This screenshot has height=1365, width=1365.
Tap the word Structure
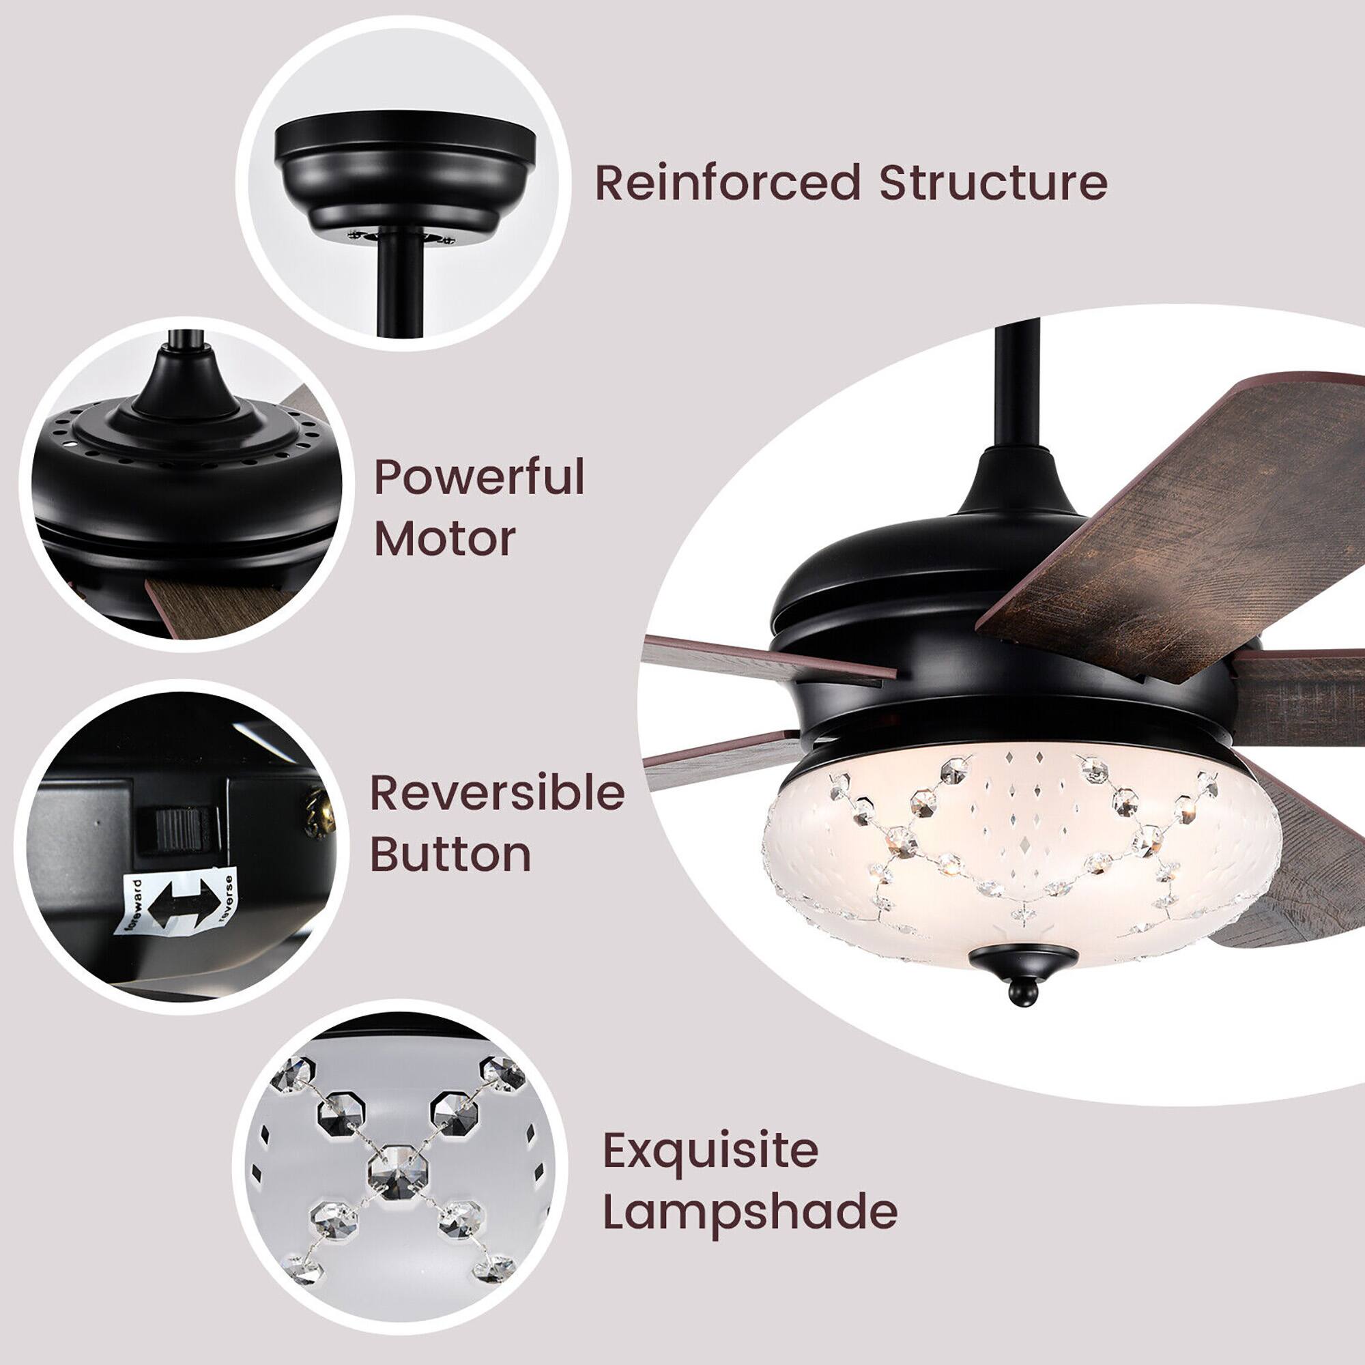point(992,183)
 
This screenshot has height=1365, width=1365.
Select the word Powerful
point(479,478)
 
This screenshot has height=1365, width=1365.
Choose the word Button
point(450,854)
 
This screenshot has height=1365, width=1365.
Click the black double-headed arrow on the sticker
point(182,904)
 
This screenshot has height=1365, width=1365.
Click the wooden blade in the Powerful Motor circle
point(212,604)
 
